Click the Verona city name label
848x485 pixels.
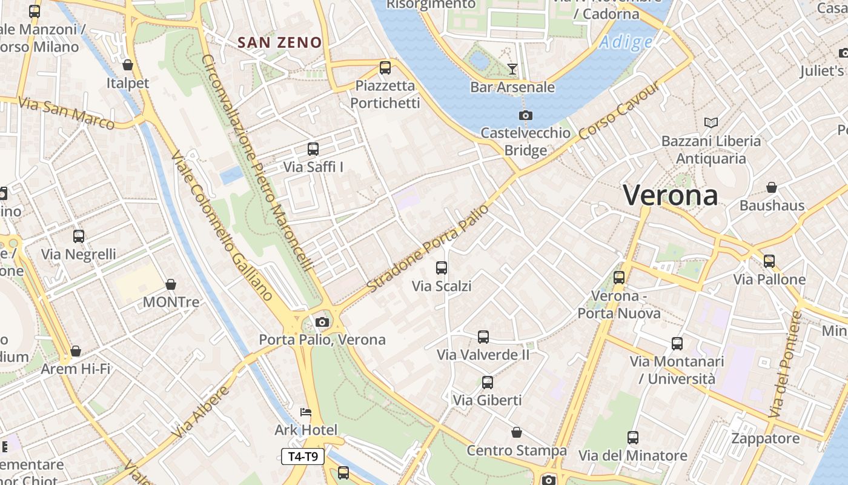coord(671,195)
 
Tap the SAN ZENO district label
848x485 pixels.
coord(279,42)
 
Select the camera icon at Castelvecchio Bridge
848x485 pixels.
coord(525,115)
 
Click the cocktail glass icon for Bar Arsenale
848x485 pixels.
coord(512,69)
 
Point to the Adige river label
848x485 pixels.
coord(626,42)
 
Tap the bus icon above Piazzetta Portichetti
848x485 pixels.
coord(385,68)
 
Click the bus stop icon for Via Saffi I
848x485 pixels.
coord(313,149)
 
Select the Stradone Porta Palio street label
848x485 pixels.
coord(428,248)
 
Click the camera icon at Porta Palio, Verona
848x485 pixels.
coord(322,322)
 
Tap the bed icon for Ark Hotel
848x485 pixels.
coord(306,413)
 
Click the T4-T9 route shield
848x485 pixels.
coord(303,457)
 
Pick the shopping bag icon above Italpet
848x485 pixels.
coord(128,65)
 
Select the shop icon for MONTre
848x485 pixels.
coord(171,284)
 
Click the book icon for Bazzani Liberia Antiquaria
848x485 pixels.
coord(711,123)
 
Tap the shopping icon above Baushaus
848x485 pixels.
coord(771,188)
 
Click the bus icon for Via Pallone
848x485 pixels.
coord(769,261)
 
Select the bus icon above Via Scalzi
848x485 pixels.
coord(442,268)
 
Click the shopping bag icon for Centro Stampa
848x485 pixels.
coord(516,433)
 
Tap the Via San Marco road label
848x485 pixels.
coord(66,113)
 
